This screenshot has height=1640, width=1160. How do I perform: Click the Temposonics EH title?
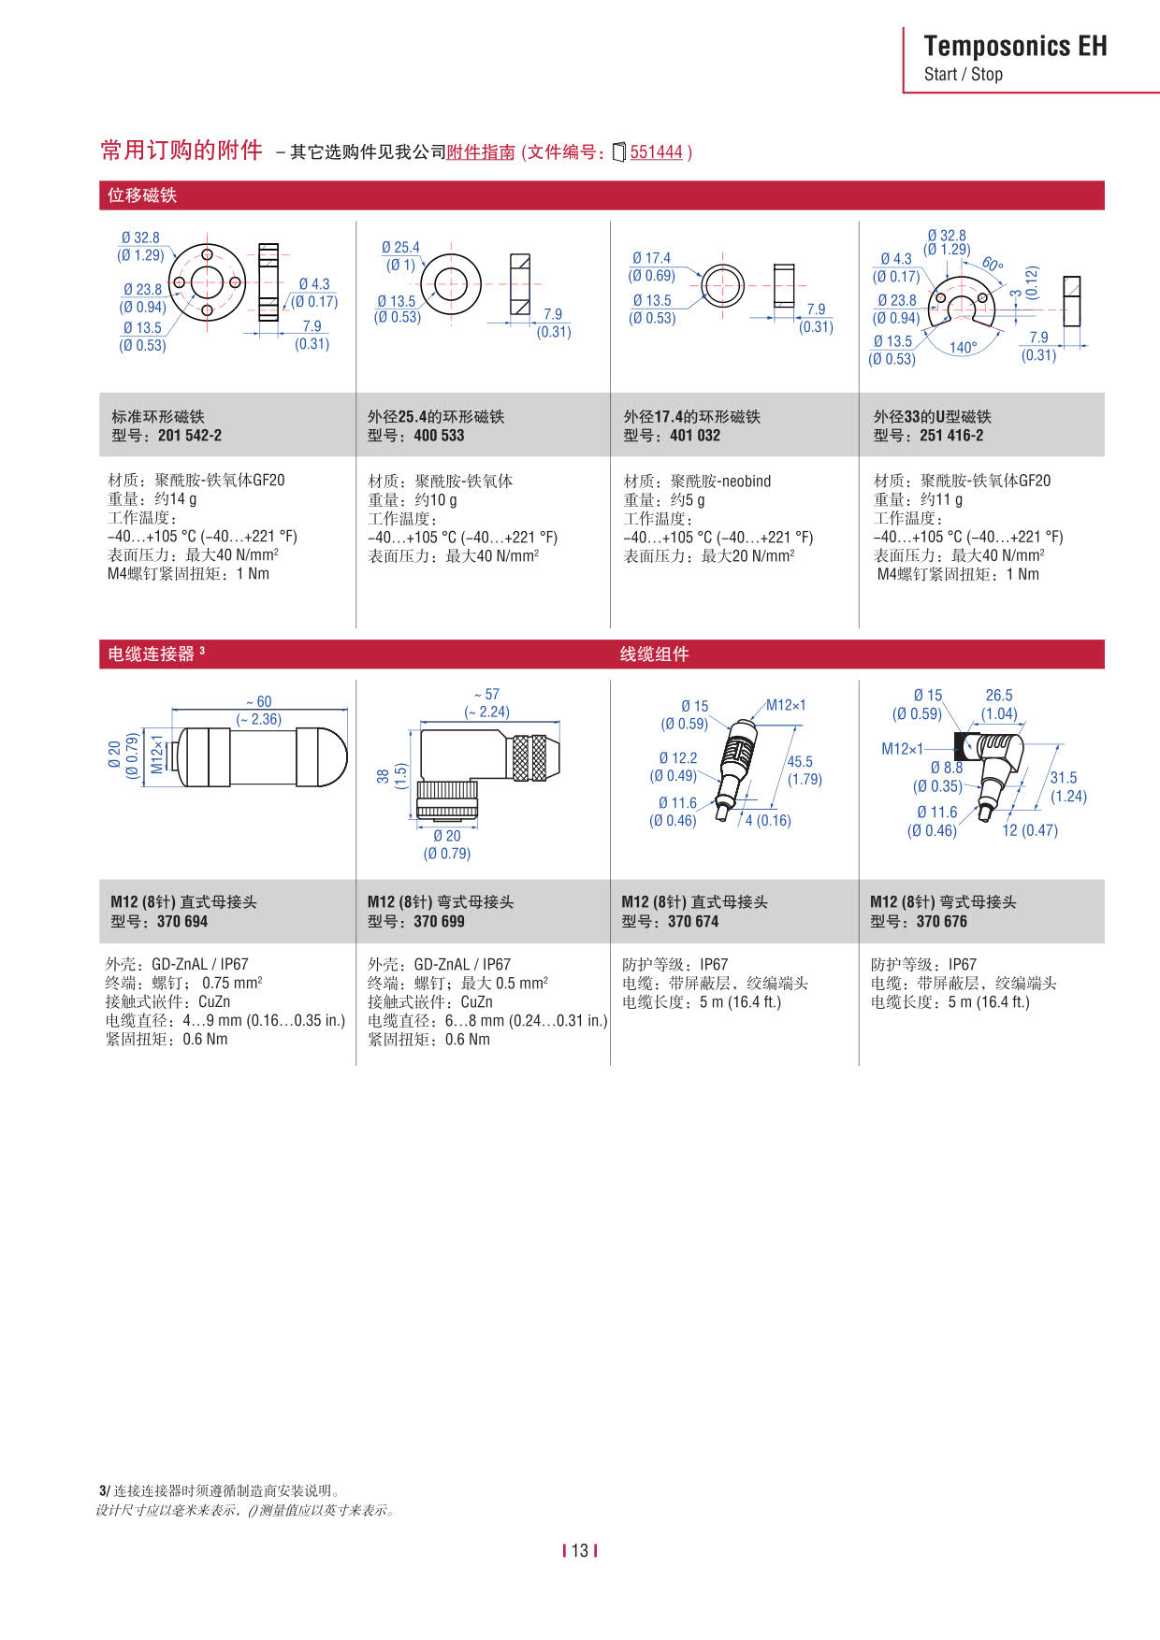tap(1015, 46)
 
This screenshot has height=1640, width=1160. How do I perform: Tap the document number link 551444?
tap(656, 151)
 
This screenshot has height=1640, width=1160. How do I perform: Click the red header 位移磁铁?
tap(142, 195)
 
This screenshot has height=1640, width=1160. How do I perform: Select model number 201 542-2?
tap(190, 436)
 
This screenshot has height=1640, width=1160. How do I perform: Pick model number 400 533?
tap(439, 436)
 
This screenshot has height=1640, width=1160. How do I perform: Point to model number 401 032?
tap(695, 436)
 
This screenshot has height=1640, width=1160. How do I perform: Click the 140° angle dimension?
tap(963, 348)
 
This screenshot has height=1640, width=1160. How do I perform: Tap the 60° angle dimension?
tap(992, 265)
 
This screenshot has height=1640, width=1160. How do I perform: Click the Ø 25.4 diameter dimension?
tap(400, 248)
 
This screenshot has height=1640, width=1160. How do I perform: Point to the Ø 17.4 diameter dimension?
tap(651, 258)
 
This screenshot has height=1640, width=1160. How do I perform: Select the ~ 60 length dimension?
tap(259, 702)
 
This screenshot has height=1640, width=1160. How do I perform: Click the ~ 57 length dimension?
tap(486, 695)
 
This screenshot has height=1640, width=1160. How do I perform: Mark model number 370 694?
tap(182, 922)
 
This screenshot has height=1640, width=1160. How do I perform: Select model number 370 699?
tap(439, 922)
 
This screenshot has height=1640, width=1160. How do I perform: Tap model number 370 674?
tap(693, 922)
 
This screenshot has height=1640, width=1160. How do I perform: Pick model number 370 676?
tap(942, 922)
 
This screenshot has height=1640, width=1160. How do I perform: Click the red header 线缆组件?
tap(654, 655)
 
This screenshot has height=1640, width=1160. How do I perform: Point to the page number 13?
tap(580, 1551)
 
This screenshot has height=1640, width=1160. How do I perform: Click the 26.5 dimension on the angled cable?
tap(999, 696)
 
